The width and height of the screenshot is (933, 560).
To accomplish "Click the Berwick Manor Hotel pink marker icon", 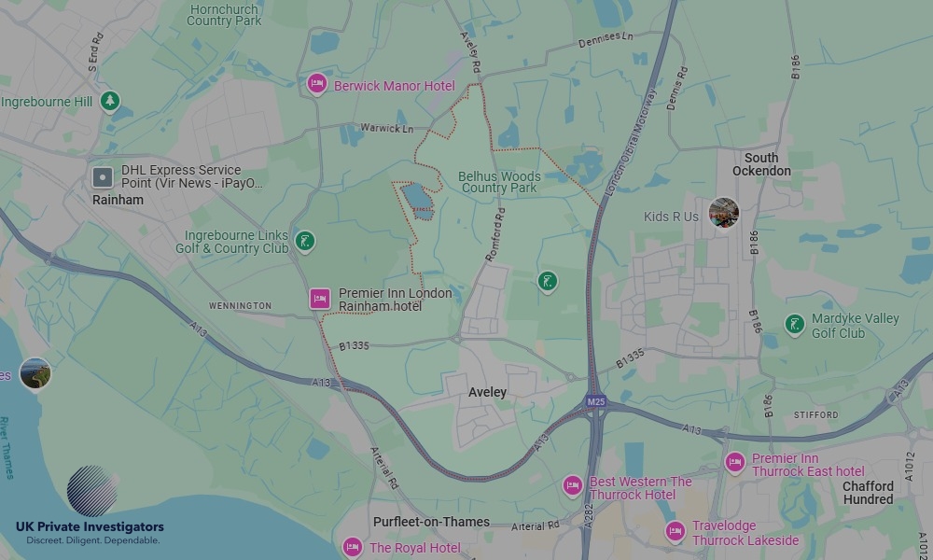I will tap(316, 84).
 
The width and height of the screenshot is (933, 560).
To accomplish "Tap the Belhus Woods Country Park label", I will tap(499, 182).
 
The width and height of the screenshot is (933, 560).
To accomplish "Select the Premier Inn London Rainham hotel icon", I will tap(320, 299).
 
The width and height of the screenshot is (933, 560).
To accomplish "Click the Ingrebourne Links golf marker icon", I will tap(304, 242).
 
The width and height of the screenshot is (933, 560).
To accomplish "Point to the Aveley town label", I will tap(487, 392).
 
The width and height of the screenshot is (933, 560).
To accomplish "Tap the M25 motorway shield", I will tap(595, 402).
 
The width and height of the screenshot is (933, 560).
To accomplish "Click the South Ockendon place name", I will tap(761, 164).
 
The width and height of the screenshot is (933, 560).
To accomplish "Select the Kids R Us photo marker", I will tap(724, 214).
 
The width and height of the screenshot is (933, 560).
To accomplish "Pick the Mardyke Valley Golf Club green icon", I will tap(794, 324).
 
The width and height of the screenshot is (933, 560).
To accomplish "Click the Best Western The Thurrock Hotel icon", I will tap(573, 485).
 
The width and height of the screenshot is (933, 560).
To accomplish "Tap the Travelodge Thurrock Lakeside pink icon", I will tap(675, 531).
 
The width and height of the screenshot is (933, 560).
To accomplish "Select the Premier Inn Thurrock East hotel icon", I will tap(735, 462).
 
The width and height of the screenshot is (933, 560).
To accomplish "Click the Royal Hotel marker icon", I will tap(353, 546).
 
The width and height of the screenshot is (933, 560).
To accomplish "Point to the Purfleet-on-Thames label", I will tap(431, 522).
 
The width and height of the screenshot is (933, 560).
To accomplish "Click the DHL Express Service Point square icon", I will tap(104, 177).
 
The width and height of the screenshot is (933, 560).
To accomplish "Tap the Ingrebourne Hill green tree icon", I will tap(111, 100).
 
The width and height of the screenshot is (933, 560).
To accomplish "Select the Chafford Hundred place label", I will tap(868, 492).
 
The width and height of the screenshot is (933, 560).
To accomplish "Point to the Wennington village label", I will tap(240, 305).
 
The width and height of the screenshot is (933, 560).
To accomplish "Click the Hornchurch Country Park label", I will tap(224, 15).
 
